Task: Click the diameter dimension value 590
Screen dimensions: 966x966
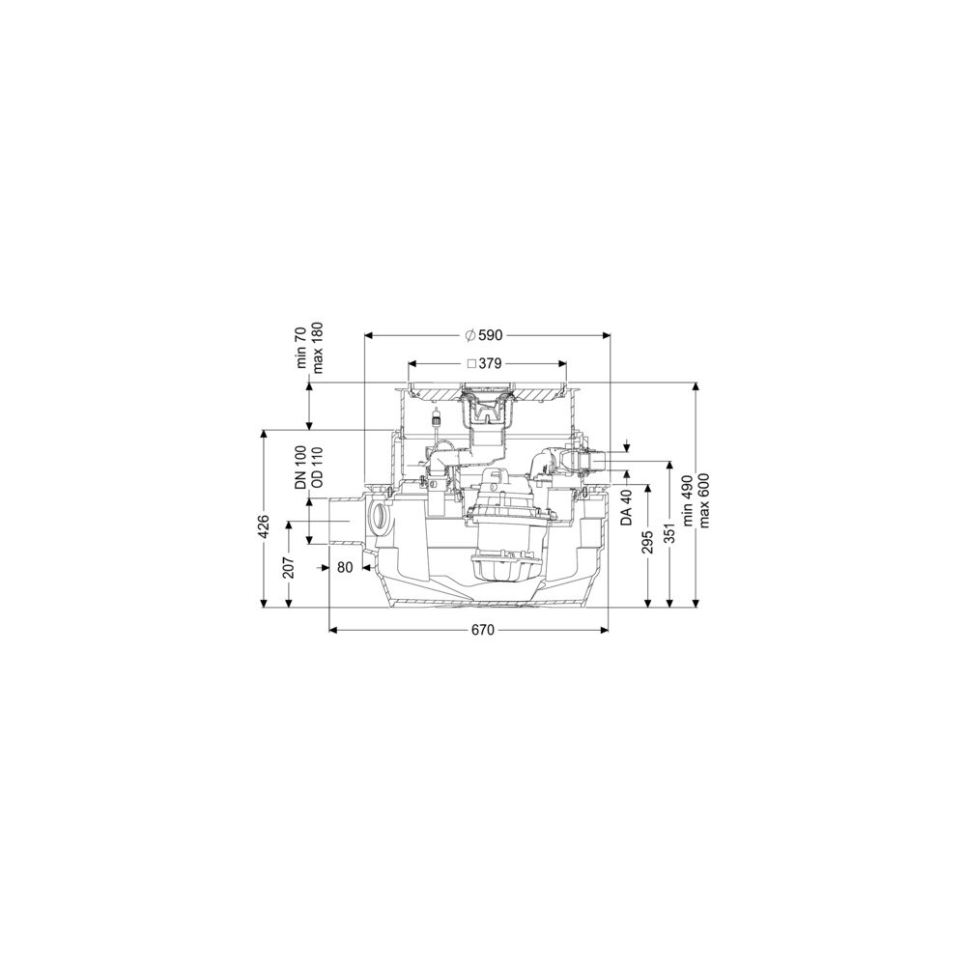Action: [x=491, y=335]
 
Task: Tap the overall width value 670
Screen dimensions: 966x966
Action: [x=483, y=630]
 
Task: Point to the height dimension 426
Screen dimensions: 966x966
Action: [x=264, y=526]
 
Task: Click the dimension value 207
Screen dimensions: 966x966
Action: [x=288, y=567]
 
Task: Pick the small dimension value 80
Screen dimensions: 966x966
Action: [x=345, y=567]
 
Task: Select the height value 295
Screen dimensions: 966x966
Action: [x=647, y=542]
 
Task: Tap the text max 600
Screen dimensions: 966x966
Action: [x=705, y=500]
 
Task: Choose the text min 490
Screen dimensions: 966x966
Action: [x=690, y=499]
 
